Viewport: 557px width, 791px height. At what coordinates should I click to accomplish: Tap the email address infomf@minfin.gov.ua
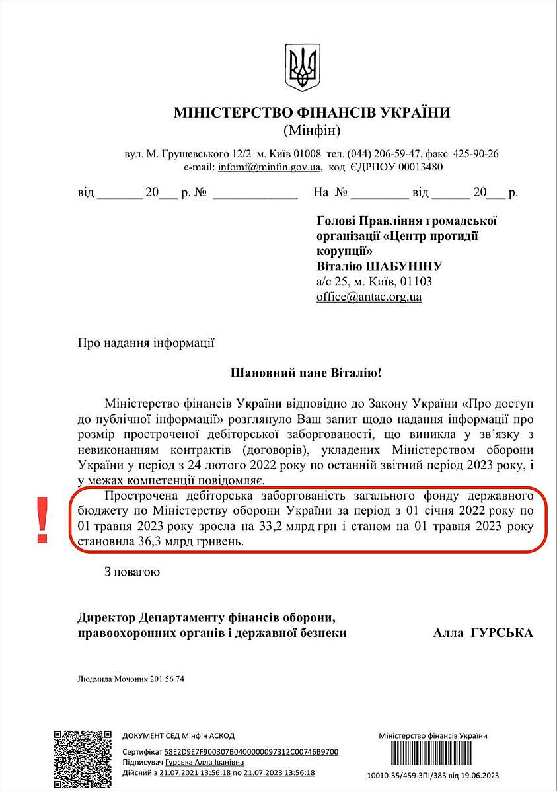click(270, 167)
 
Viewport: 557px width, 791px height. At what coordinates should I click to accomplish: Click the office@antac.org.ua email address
click(369, 297)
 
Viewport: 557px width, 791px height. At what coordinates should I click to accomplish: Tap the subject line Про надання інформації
click(146, 343)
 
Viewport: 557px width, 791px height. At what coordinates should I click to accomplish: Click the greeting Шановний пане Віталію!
click(305, 373)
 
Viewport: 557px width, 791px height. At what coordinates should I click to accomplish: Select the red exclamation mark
click(43, 521)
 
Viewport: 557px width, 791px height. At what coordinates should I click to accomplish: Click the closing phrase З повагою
click(131, 571)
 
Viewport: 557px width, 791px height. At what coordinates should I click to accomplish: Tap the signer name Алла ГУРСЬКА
click(482, 632)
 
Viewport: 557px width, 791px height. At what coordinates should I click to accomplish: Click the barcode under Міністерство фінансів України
click(433, 755)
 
